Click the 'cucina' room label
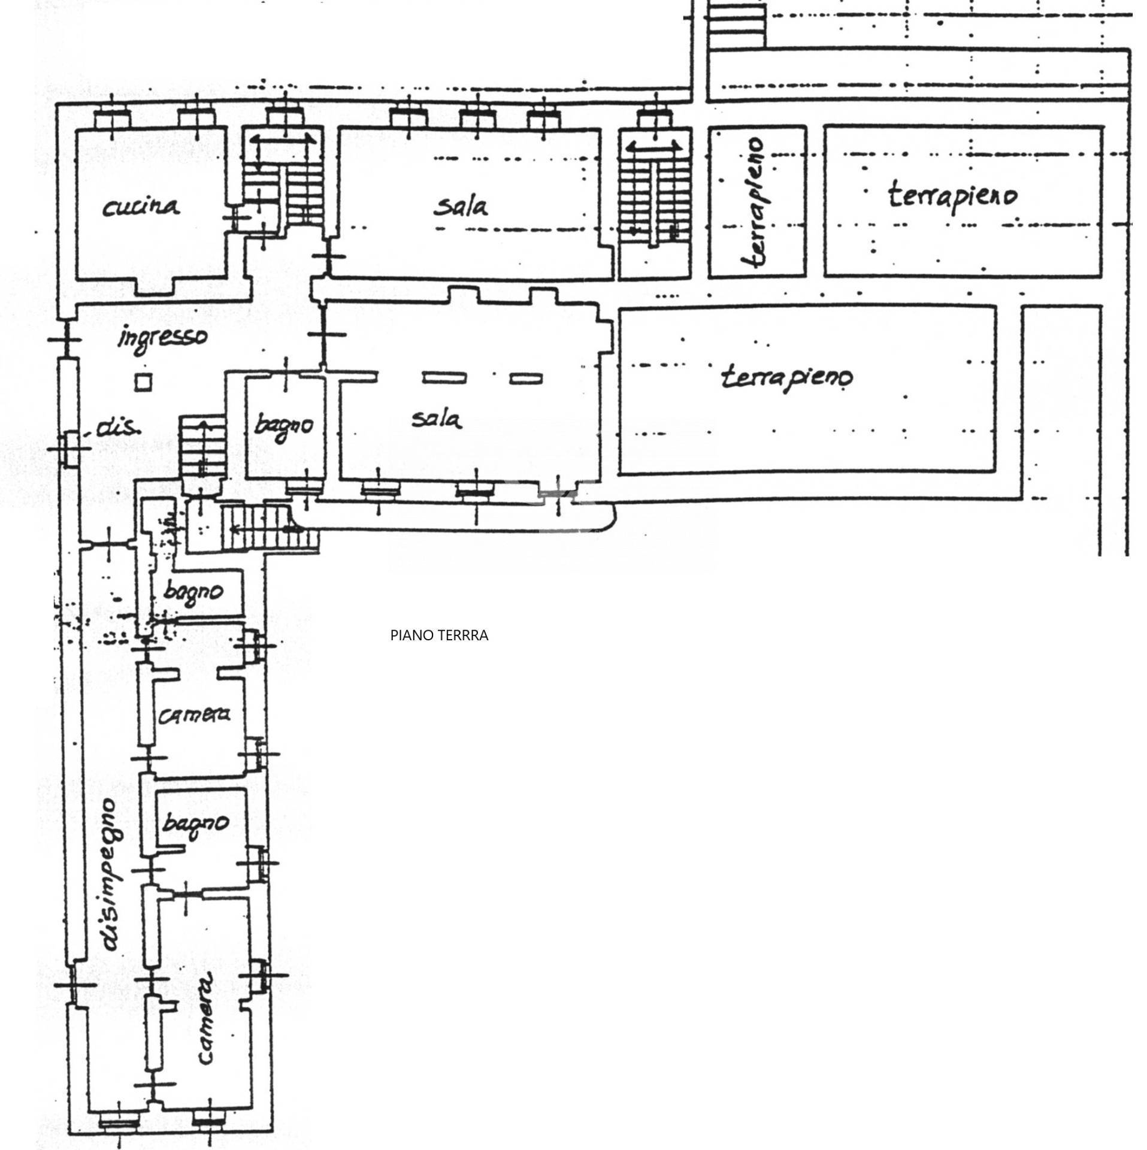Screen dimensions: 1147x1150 [141, 207]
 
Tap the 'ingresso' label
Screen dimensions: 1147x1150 [163, 337]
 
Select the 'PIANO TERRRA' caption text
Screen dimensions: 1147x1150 [439, 635]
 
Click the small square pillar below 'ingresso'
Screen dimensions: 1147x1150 [143, 382]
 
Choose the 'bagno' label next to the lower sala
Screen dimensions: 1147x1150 [283, 426]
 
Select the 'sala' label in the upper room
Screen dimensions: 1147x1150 [461, 207]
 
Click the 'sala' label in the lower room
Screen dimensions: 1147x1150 [437, 419]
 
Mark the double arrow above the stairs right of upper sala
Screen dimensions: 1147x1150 [653, 147]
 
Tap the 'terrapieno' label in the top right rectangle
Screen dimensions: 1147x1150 [952, 195]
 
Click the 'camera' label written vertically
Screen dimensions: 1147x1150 [205, 1027]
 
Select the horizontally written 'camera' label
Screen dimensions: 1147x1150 [193, 715]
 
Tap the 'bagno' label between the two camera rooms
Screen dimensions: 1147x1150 [195, 825]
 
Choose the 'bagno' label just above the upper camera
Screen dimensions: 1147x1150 [193, 592]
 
